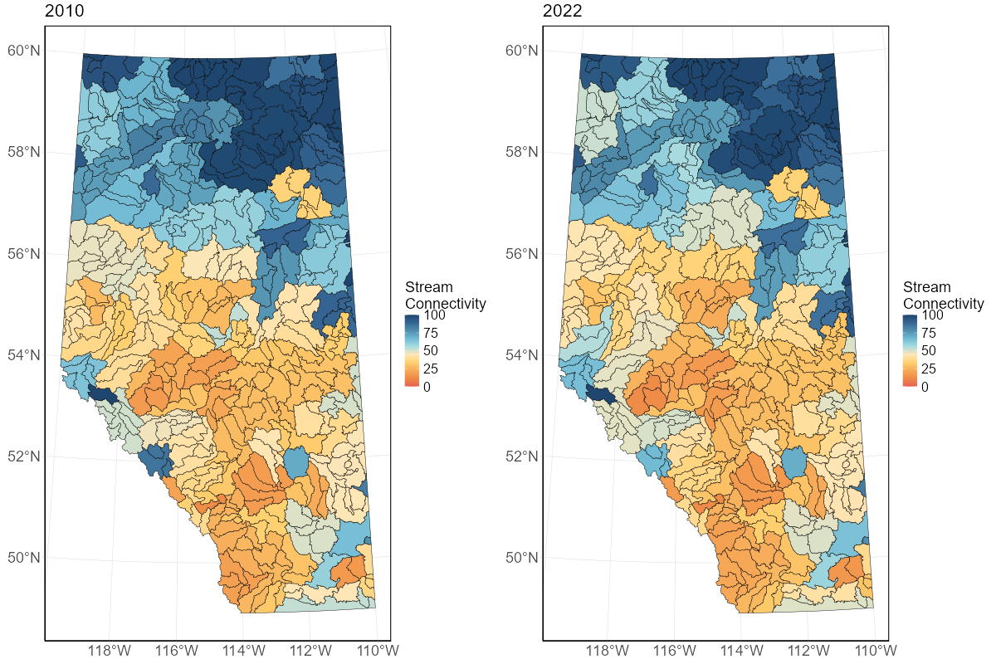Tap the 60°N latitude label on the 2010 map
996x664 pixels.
click(24, 51)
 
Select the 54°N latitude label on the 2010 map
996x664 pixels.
click(24, 355)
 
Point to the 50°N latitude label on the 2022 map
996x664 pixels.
click(522, 557)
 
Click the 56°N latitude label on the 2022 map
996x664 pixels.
click(522, 254)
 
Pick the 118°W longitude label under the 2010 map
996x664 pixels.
click(109, 650)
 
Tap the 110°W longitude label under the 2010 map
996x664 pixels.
click(378, 650)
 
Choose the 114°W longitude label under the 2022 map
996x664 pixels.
click(740, 650)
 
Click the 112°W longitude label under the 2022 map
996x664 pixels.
click(808, 650)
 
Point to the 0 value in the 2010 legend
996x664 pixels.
click(427, 386)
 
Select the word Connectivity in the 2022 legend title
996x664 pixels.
click(944, 304)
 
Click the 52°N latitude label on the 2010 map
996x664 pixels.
click(24, 456)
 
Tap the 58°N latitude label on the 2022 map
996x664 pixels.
click(522, 153)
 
